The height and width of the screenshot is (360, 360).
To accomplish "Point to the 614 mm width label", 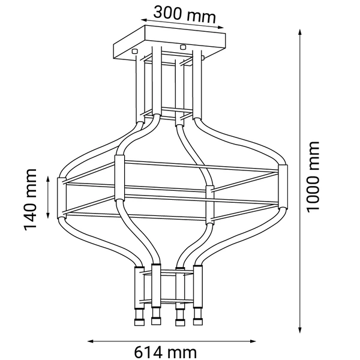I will [x=166, y=350].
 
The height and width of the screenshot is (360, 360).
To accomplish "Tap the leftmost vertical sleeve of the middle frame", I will [x=60, y=198].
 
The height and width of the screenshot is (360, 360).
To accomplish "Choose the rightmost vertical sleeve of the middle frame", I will [x=283, y=187].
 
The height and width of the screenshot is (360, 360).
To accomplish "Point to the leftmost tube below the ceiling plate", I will [x=140, y=90].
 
